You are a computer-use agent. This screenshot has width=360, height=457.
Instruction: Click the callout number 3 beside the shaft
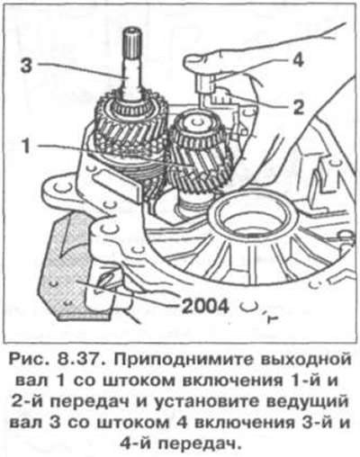pos(26,66)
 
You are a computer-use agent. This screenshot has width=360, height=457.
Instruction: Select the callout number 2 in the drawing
pos(299,107)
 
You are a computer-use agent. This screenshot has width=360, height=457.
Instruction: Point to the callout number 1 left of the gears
pos(27,145)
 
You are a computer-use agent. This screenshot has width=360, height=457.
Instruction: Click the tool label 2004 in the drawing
pos(204,307)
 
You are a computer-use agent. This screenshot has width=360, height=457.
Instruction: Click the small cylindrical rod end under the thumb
pos(205,83)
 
